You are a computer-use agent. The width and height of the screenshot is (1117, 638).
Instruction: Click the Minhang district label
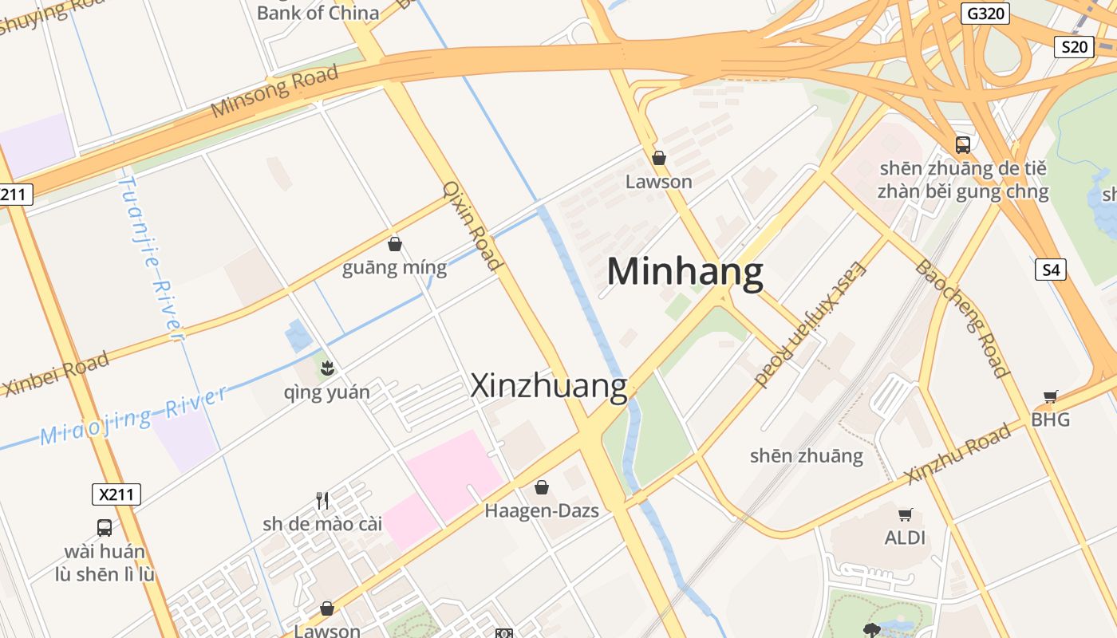[x=685, y=272]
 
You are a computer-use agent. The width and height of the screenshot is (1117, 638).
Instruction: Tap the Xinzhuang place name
[x=549, y=386]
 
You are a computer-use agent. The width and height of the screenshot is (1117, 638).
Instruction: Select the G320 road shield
[x=985, y=14]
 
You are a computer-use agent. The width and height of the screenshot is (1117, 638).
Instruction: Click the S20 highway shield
[x=1073, y=47]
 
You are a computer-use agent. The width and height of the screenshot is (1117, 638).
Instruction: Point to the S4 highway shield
[x=1051, y=270]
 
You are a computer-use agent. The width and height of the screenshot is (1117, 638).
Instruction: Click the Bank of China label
[x=318, y=13]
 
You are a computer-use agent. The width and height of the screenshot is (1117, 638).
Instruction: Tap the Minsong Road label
[x=274, y=92]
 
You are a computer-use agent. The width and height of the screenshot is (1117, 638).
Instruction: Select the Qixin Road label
[x=472, y=226]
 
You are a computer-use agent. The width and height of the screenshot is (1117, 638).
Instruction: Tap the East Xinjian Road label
[x=810, y=323]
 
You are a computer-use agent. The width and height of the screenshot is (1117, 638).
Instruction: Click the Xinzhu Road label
[x=958, y=454]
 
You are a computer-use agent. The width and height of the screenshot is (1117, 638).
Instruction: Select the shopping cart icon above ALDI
[x=905, y=514]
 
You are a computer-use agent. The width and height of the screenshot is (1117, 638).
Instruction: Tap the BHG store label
[x=1050, y=419]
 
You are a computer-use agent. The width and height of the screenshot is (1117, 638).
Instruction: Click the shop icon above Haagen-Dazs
[x=542, y=486]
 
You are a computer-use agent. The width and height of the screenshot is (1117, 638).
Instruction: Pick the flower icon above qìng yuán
[x=326, y=368]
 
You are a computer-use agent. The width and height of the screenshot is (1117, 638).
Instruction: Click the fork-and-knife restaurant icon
[x=322, y=500]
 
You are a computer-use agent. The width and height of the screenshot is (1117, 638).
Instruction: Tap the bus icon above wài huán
[x=105, y=527]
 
